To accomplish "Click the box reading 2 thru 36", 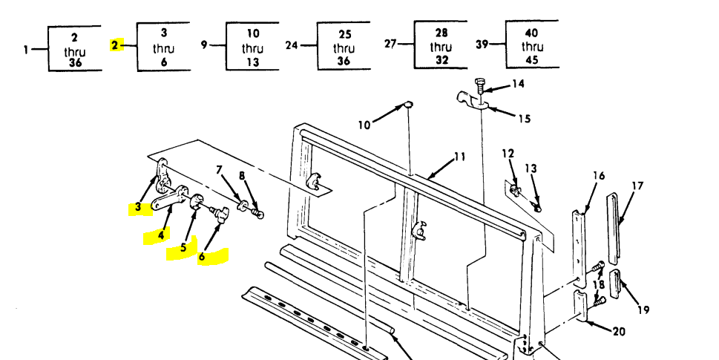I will coord(74,48).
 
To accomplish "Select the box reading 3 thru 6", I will coord(164,48).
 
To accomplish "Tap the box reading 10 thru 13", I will coord(253,48).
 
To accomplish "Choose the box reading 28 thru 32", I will coord(441,47).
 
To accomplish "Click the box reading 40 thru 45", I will coord(532,46).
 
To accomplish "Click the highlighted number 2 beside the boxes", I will coord(115,45).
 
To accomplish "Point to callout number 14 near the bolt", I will coord(518,84).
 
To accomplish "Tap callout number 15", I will coord(524,118).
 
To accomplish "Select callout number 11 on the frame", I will coord(459,157).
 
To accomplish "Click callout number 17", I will coord(637,186).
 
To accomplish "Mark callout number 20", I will coord(618,331).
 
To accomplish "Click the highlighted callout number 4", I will coord(160,236).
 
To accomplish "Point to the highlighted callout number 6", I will coord(202,257).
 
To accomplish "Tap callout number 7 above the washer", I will coord(219,171).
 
